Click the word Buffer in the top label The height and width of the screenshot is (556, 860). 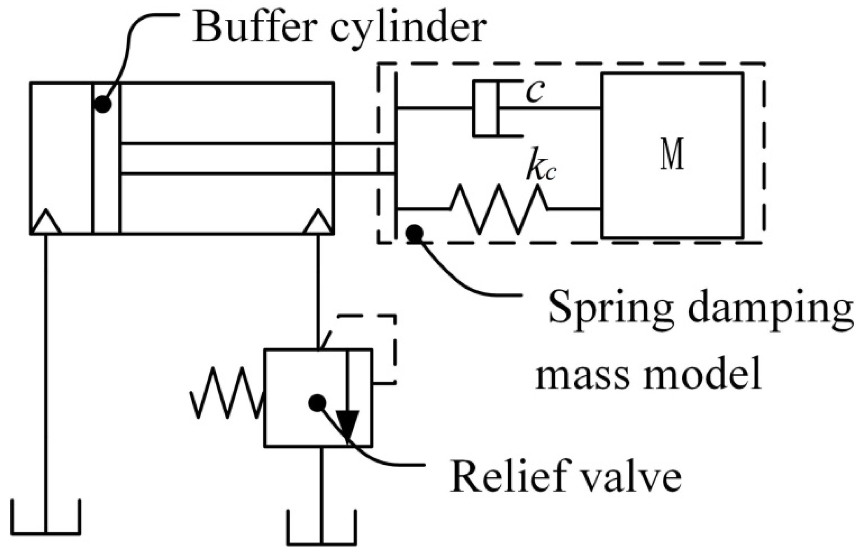(x=255, y=27)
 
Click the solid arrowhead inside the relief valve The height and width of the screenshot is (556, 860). (x=347, y=425)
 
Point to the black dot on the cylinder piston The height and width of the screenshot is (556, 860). (x=103, y=104)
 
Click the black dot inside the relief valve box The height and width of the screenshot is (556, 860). (x=317, y=403)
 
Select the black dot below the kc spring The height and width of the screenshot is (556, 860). (x=414, y=234)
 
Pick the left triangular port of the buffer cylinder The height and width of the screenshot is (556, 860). (x=46, y=222)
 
